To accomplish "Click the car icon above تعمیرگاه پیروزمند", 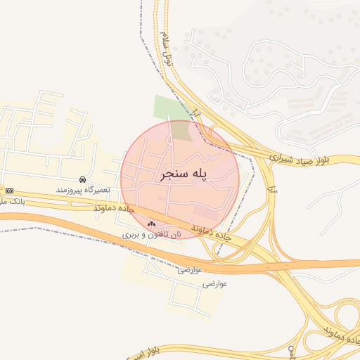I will (x=84, y=180).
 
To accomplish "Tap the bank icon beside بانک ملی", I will (x=9, y=191).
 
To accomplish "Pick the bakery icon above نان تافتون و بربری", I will (x=151, y=224).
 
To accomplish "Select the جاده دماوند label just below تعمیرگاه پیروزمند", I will (x=113, y=209).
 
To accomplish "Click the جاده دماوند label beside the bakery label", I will (x=211, y=234).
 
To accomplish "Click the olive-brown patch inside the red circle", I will (x=181, y=130).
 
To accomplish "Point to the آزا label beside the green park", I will (x=196, y=113).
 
